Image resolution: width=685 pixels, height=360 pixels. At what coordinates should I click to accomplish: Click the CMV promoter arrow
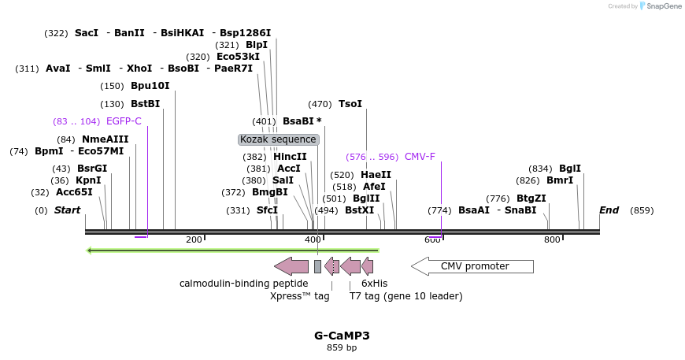(x=472, y=266)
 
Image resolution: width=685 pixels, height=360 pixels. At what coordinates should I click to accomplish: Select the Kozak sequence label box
(x=279, y=139)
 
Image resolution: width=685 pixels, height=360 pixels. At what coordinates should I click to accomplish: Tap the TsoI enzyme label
(x=350, y=104)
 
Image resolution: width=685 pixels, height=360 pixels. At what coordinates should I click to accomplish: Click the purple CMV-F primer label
(x=420, y=157)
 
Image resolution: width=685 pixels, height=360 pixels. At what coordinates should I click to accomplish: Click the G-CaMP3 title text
(x=342, y=336)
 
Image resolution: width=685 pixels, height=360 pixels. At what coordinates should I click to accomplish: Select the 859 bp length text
(x=342, y=347)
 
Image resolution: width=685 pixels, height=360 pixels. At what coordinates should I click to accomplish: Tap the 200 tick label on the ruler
(x=194, y=239)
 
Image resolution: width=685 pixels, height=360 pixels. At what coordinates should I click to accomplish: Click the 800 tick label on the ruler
(x=552, y=239)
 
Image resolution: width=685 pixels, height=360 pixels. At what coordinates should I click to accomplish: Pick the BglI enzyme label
(x=569, y=169)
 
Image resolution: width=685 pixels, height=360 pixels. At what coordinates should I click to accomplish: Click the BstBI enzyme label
(x=145, y=104)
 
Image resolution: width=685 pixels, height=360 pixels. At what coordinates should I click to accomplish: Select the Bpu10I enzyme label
(x=150, y=86)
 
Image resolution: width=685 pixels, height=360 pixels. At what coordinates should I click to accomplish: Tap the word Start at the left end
(x=67, y=210)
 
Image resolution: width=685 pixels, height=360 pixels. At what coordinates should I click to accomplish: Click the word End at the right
(x=609, y=210)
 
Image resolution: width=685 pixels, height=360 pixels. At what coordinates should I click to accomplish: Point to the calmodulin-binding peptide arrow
(x=291, y=266)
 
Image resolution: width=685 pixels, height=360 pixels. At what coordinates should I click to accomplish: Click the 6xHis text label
(x=374, y=284)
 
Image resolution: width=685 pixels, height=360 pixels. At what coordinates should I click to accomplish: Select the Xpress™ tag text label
(x=299, y=296)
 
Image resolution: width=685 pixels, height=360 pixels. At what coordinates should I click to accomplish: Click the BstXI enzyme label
(x=360, y=210)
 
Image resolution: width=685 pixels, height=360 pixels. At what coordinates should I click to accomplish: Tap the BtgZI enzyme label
(x=531, y=199)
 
